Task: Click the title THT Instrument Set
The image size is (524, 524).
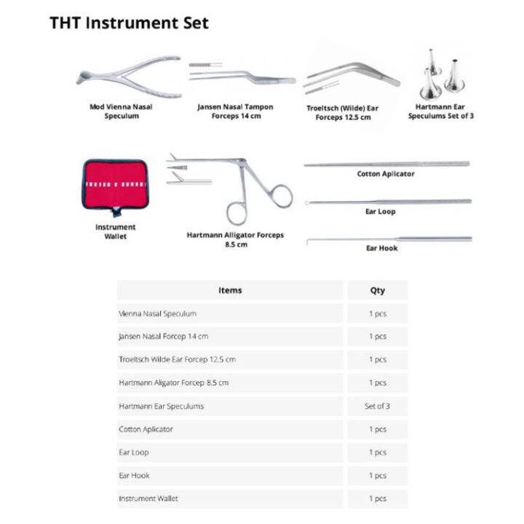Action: (129, 23)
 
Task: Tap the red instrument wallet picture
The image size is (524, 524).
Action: (115, 184)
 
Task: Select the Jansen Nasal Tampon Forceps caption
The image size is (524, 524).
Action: (235, 111)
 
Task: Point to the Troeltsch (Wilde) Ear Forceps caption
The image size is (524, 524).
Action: (344, 112)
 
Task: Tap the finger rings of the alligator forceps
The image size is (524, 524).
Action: (258, 202)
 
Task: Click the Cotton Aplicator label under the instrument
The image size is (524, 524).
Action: (386, 174)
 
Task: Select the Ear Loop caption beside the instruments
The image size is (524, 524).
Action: (380, 212)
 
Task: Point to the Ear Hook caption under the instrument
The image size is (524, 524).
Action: (381, 248)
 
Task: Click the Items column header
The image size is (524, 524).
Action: (230, 290)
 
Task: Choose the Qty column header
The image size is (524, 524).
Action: (377, 290)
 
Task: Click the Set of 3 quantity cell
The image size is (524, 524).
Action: (377, 406)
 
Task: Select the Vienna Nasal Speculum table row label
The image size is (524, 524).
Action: (158, 314)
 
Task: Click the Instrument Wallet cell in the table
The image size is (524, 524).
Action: (148, 499)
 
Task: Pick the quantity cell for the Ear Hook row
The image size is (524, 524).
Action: (377, 475)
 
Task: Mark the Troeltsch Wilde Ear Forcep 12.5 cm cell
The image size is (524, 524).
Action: (177, 360)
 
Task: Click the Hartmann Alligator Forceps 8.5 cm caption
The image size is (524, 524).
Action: (235, 239)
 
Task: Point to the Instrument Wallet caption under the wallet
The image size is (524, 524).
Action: (115, 231)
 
